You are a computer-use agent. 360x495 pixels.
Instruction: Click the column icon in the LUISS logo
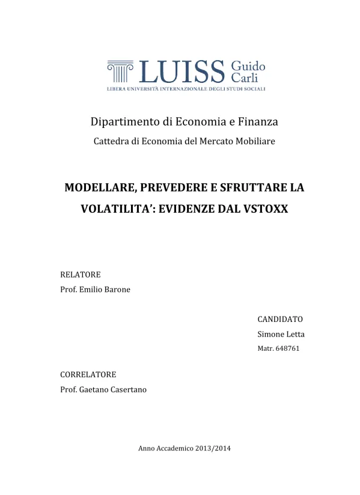click(120, 71)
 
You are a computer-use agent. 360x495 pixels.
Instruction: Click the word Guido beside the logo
click(248, 65)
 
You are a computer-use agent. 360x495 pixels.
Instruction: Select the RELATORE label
click(81, 275)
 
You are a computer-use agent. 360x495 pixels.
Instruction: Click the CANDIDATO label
click(280, 319)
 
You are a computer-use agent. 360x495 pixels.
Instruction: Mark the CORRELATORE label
click(88, 374)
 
